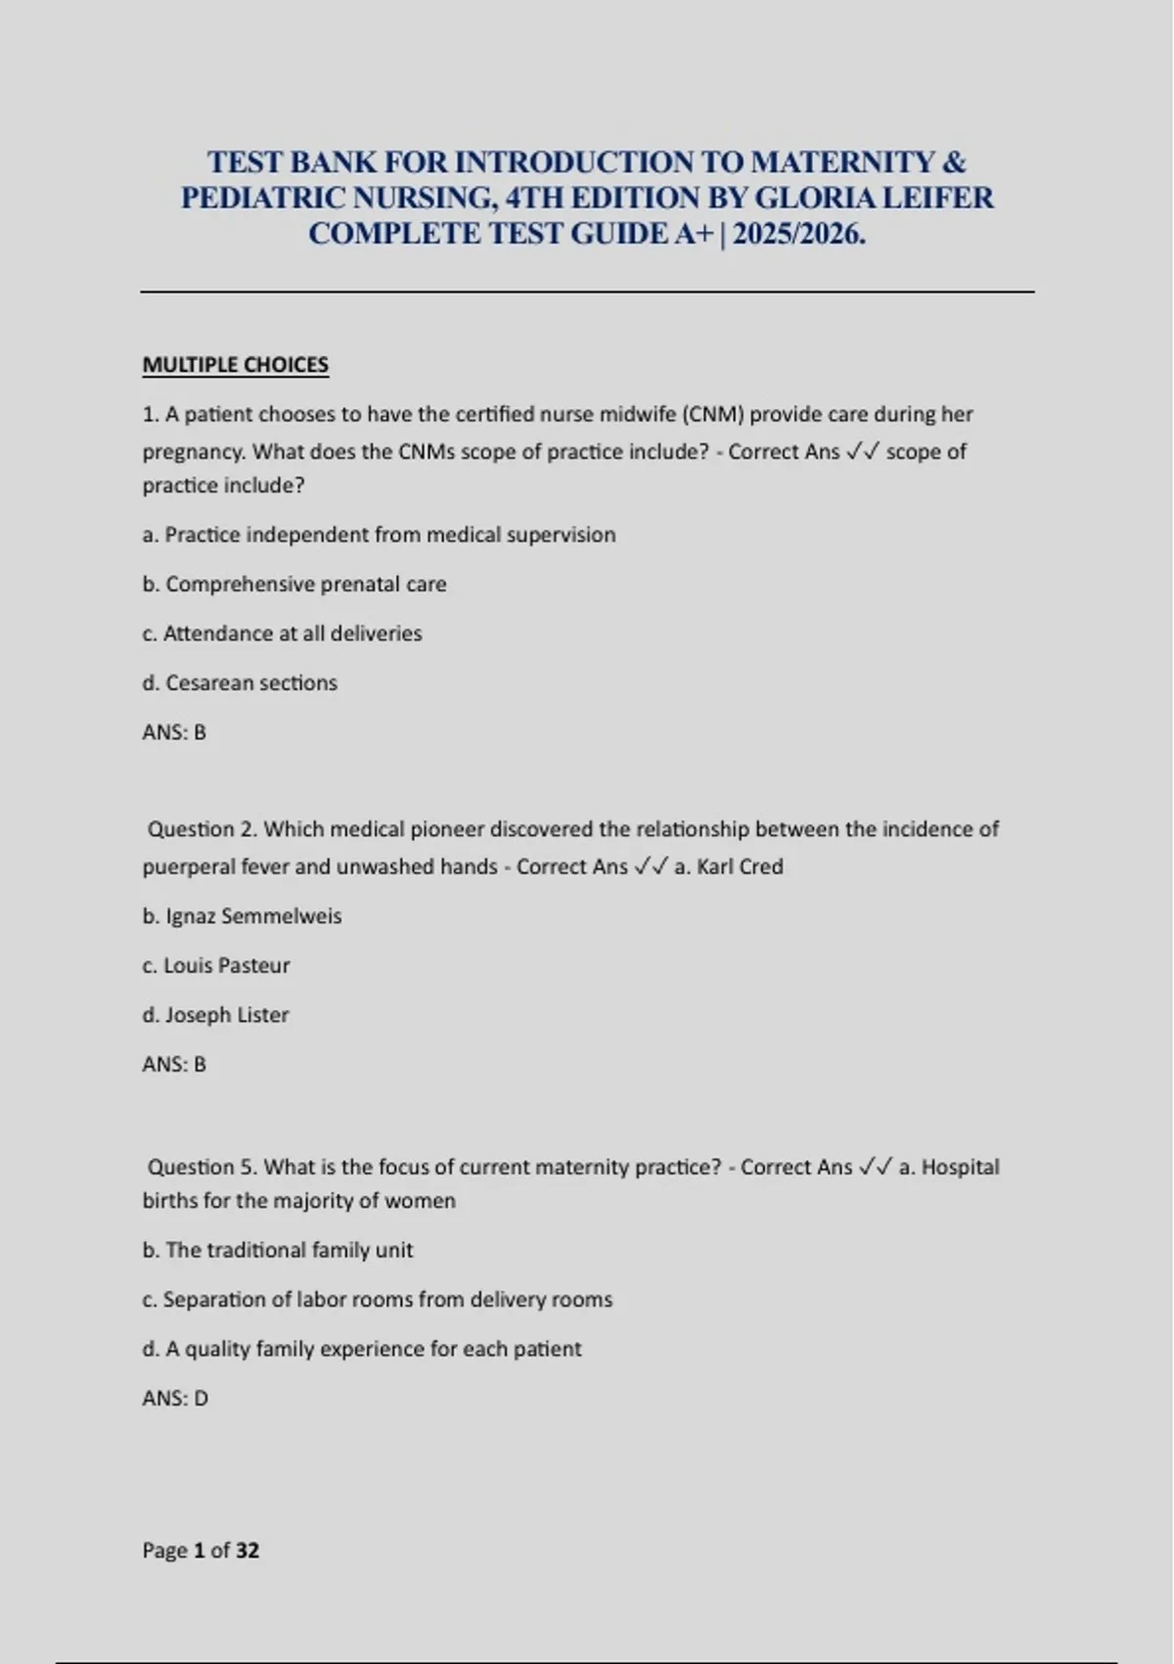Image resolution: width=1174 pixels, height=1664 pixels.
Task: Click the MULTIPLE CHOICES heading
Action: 235,365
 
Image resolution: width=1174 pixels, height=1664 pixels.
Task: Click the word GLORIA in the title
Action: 816,198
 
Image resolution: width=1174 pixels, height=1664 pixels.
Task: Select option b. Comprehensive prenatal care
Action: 294,584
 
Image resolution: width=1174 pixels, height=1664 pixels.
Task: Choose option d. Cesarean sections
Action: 240,683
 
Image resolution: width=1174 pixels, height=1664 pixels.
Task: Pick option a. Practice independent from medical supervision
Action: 379,535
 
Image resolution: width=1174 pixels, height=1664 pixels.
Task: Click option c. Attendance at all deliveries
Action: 282,633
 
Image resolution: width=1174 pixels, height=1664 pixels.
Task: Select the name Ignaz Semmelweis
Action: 253,916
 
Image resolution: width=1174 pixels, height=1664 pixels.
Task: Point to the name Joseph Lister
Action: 226,1015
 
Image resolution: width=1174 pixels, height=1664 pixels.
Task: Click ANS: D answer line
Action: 175,1398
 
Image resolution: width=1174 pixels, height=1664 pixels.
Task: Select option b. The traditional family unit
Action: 278,1250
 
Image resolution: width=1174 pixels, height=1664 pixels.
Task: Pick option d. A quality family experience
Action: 362,1349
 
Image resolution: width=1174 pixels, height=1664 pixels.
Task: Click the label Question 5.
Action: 203,1167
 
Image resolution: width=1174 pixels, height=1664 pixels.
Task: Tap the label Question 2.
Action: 203,829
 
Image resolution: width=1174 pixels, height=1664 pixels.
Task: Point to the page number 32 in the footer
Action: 248,1550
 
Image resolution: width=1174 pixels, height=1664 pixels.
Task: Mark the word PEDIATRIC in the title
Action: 261,198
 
